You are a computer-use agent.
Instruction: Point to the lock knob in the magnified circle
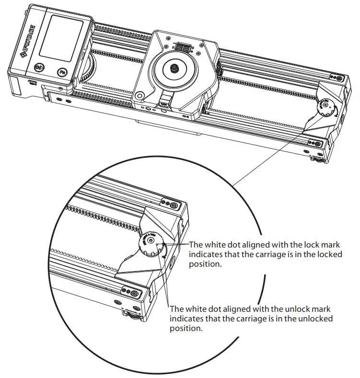tap(150, 245)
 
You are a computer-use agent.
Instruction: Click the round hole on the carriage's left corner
tap(139, 96)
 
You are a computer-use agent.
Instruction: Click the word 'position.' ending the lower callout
tap(186, 329)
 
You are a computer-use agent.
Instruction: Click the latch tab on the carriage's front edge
tap(166, 101)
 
